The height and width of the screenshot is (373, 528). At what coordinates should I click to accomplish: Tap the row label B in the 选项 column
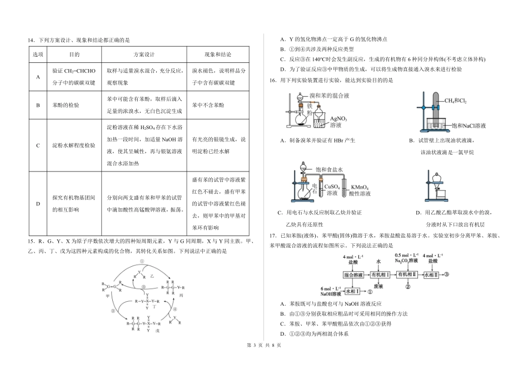[38, 105]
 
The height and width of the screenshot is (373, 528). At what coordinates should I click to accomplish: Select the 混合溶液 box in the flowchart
[353, 275]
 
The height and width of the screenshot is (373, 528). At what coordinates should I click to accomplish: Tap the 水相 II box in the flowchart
[432, 275]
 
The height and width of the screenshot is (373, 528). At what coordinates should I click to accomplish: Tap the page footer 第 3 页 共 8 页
[264, 361]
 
